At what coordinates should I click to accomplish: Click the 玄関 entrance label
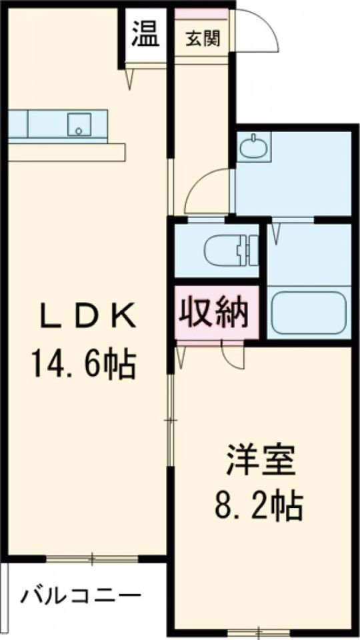pyautogui.click(x=202, y=39)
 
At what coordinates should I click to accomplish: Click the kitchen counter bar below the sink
pyautogui.click(x=67, y=153)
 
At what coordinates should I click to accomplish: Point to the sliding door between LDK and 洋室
pyautogui.click(x=171, y=420)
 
